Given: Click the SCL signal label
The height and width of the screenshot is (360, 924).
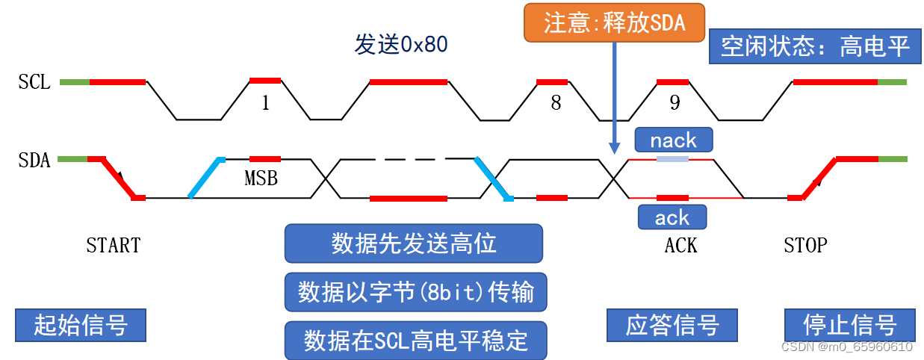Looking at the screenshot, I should [34, 82].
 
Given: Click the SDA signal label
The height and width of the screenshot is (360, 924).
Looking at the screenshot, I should [34, 160].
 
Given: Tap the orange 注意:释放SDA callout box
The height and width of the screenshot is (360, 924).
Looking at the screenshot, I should [614, 22].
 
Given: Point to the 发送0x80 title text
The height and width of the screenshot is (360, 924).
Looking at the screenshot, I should [400, 45].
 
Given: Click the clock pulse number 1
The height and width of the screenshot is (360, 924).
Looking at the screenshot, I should [265, 103].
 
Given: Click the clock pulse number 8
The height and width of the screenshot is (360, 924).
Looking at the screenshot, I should [556, 103].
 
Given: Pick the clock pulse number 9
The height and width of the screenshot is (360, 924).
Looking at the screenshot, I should [675, 103].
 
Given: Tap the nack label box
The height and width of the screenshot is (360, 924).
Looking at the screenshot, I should [673, 140].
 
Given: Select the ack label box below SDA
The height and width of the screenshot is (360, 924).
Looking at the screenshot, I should [672, 217].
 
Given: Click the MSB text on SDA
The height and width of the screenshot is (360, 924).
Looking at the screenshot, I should [261, 179].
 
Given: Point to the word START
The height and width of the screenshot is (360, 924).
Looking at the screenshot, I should [114, 245].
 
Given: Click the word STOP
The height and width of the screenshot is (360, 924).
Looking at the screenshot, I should [805, 245].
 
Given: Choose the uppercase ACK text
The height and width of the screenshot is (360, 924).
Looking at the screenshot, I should [680, 245].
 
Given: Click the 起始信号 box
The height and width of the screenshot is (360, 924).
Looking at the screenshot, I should [81, 326].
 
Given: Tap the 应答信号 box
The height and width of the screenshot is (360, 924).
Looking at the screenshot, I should [672, 326].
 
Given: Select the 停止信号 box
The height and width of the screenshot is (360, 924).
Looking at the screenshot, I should [850, 326].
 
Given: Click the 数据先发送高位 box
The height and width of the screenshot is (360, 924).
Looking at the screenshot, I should [414, 243].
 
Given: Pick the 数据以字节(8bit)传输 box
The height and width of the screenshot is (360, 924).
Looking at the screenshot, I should [415, 292].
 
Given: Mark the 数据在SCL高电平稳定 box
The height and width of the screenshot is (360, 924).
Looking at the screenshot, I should [415, 341].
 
